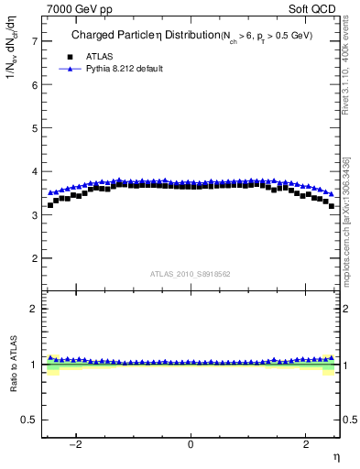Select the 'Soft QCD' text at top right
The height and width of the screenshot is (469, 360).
pos(314,8)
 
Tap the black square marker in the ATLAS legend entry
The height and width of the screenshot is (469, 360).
pos(69,55)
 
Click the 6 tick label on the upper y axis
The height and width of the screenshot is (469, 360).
pos(35,84)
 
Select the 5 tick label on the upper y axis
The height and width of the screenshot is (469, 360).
pos(35,128)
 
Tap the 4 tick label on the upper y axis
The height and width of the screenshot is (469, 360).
pos(35,171)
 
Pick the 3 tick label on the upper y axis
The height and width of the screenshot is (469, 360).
pos(35,215)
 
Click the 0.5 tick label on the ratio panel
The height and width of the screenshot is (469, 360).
pos(30,420)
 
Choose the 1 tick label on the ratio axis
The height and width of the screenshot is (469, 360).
pos(35,365)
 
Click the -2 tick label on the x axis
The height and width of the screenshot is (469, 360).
pos(76,445)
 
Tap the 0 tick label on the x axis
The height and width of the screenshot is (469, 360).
pos(191,445)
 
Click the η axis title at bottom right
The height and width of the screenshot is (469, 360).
pos(335,456)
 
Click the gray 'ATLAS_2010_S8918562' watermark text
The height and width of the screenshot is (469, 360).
pos(191,274)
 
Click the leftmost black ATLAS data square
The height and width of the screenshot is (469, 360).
pos(49,205)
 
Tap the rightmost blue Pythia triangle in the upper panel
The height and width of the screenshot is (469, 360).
pos(332,194)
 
